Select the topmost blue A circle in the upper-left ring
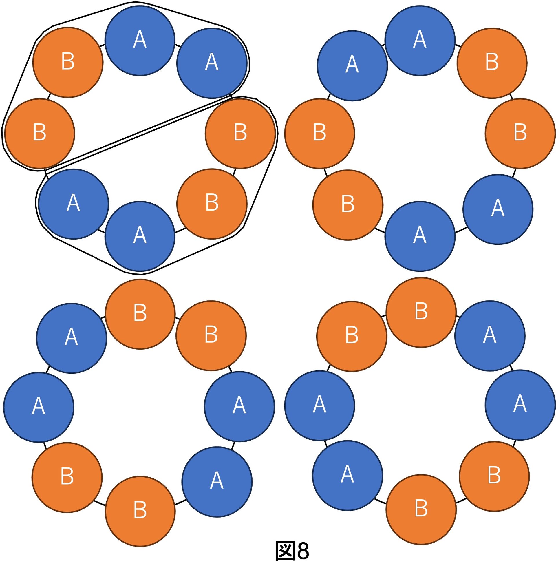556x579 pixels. point(140,41)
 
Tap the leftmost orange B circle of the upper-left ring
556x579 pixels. point(39,133)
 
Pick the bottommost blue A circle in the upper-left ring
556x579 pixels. point(140,236)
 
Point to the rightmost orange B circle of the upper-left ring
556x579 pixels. point(240,133)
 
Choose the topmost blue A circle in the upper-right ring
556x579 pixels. point(420,41)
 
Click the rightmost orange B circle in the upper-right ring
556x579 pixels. point(520,133)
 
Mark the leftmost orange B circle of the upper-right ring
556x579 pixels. point(319,133)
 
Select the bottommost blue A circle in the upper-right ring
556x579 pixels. point(420,236)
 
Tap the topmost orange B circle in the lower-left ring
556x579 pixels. point(140,314)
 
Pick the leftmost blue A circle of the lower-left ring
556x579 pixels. point(39,407)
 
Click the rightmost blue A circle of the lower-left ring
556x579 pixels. point(239,406)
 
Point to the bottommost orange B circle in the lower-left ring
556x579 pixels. point(140,511)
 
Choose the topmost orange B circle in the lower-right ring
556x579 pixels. point(421,312)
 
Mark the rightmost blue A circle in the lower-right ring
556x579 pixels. point(520,405)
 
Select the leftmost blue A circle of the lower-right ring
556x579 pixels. point(319,405)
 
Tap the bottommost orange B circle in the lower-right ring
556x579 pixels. point(421,509)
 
